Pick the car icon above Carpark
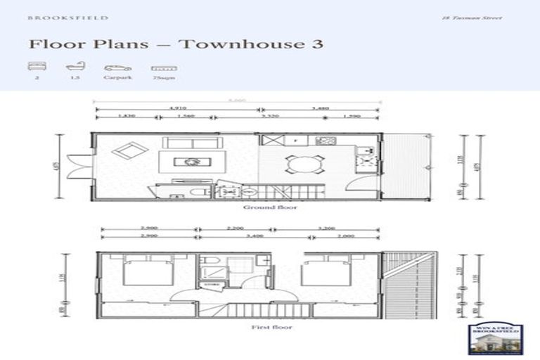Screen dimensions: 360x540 tap(117, 68)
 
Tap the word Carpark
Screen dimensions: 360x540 tap(117, 79)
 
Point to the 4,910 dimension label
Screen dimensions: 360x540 tap(177, 108)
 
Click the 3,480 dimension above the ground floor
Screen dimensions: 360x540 tap(320, 108)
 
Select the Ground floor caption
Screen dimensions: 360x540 tap(262, 208)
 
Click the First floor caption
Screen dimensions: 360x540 tap(262, 327)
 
